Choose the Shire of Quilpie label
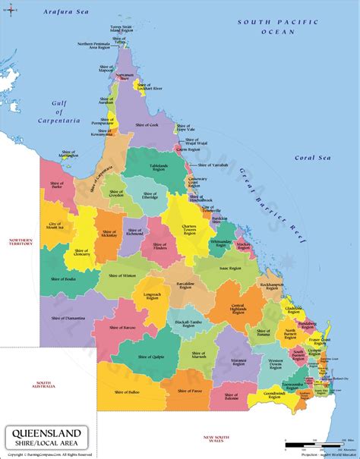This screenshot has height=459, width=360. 150,354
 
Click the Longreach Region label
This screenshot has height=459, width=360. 150,295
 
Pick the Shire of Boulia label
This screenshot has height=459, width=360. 63,278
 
